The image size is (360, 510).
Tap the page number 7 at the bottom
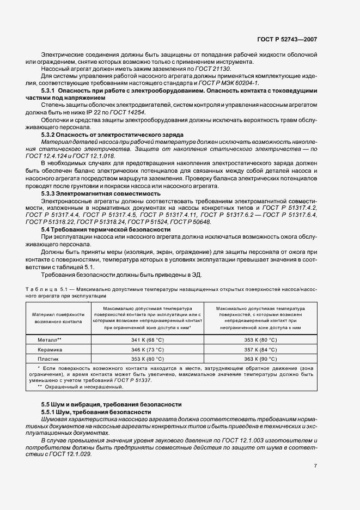click(x=315, y=465)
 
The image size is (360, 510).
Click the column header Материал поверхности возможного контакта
click(x=58, y=318)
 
